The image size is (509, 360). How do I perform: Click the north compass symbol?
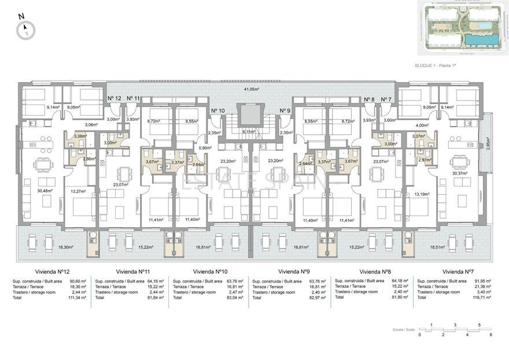click(x=26, y=28)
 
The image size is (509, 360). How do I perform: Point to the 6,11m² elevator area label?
click(x=249, y=131)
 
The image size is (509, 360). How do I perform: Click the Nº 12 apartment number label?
click(x=115, y=99)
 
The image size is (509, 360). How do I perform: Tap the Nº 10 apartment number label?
click(x=217, y=110)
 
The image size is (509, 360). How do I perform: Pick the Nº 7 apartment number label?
click(x=386, y=99)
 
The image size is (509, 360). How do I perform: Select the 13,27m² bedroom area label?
click(x=78, y=191)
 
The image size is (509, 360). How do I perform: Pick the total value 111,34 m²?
click(x=76, y=297)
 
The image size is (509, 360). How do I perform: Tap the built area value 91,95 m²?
click(x=482, y=281)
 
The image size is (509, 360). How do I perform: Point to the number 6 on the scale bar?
click(x=490, y=335)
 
